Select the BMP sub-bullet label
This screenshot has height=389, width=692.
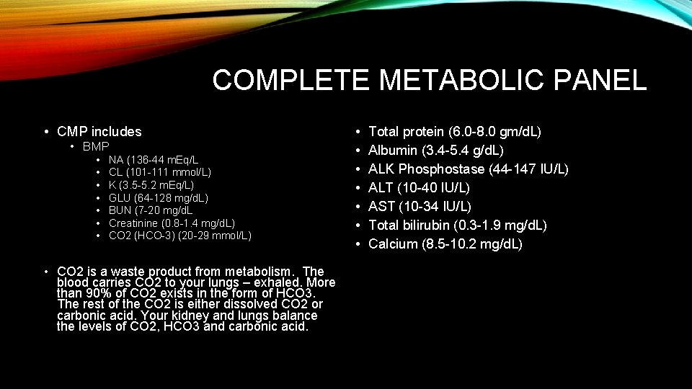(96, 146)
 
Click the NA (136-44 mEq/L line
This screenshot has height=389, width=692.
(154, 159)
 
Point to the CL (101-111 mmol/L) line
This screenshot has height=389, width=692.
(160, 172)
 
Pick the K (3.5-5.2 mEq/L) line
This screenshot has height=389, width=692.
(151, 184)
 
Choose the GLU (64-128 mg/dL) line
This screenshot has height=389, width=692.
(159, 197)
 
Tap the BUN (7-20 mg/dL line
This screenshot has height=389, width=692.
(151, 210)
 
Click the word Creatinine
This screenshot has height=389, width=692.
(131, 223)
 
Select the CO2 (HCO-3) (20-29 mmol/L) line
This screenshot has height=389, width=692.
(180, 236)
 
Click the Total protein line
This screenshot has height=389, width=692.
(455, 132)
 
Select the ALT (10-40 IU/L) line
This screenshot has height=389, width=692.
(419, 188)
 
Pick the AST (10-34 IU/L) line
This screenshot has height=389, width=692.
(420, 207)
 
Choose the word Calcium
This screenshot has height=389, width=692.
(393, 244)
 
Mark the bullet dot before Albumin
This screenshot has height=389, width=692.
(358, 151)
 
